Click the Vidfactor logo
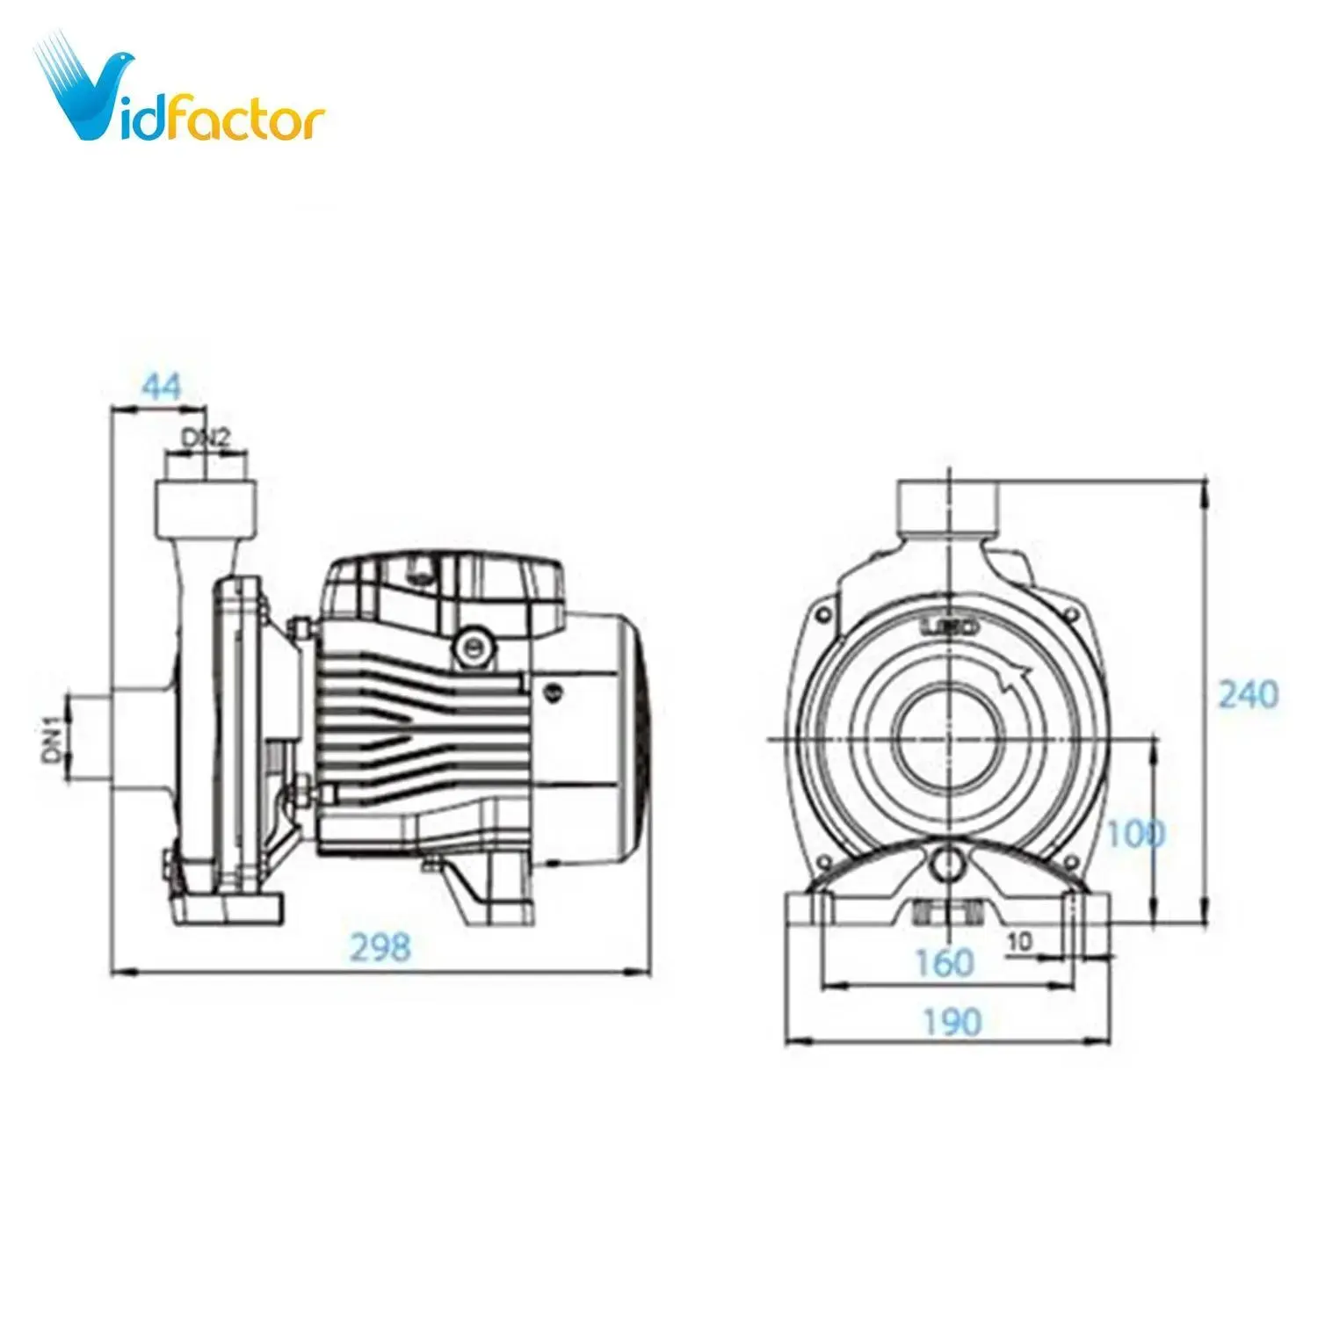(180, 92)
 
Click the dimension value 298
(380, 946)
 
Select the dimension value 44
(161, 387)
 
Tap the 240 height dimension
(1248, 694)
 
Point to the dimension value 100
(1134, 834)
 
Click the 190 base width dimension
(952, 1022)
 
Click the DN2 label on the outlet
(206, 438)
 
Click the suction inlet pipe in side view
(88, 736)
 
